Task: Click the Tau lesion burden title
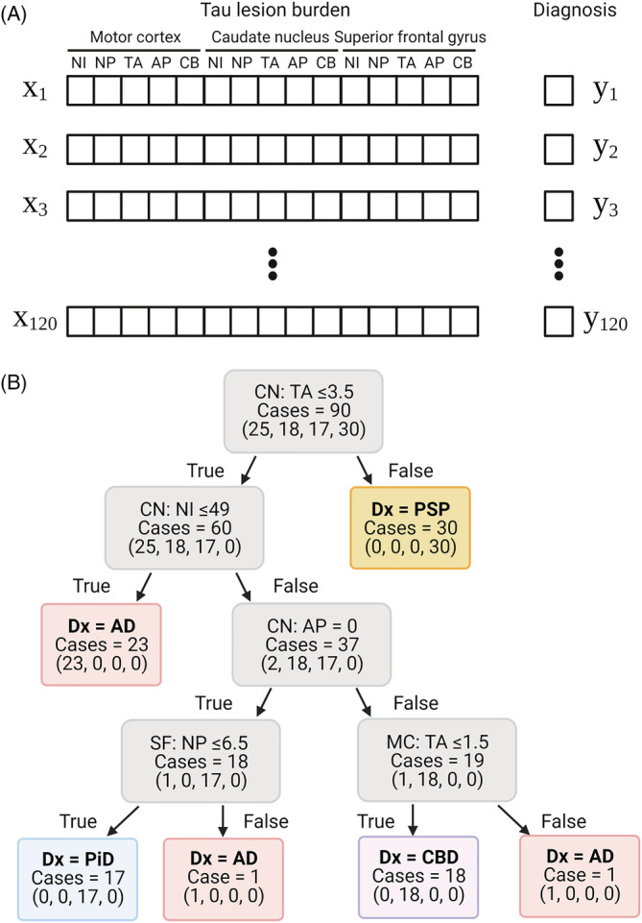tap(272, 12)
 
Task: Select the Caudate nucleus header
tap(272, 36)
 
